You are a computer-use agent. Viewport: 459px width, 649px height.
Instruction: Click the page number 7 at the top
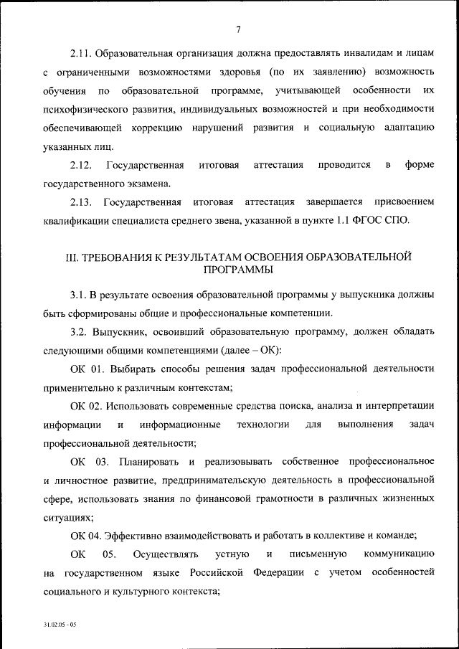pyautogui.click(x=237, y=29)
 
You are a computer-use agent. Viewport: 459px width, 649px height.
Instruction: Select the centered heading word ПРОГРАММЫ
pyautogui.click(x=237, y=271)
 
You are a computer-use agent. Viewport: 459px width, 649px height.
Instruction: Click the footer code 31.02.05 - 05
pyautogui.click(x=60, y=625)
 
